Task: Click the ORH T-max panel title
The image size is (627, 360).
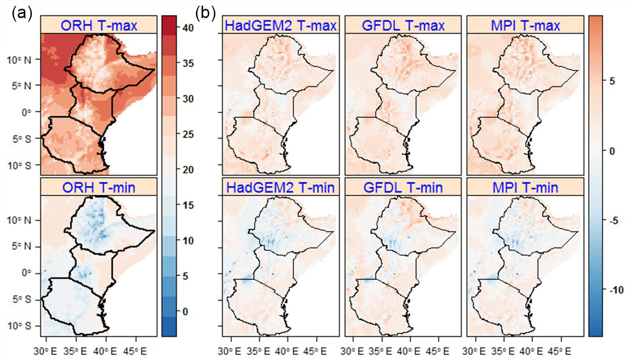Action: [x=99, y=25]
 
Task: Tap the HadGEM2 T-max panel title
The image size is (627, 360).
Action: [x=281, y=25]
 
